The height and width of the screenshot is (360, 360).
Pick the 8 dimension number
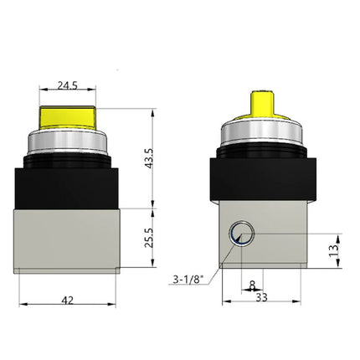[x=253, y=284]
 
